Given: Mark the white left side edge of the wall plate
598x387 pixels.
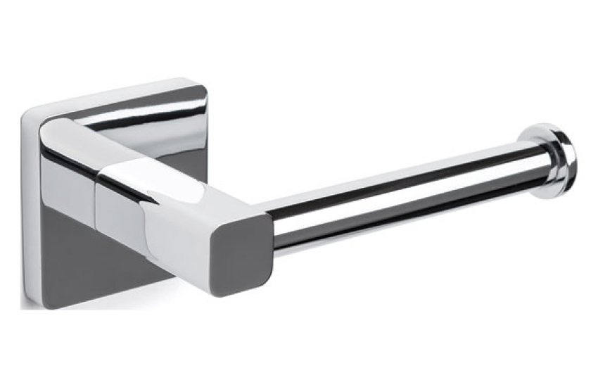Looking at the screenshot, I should [x=27, y=211].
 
